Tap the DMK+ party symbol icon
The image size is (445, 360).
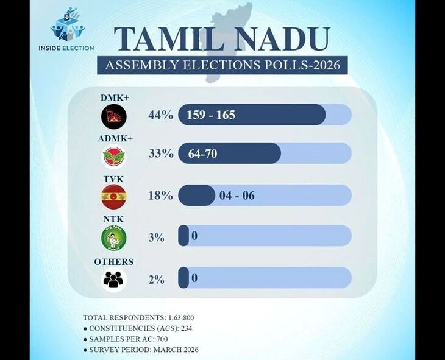tap(113, 115)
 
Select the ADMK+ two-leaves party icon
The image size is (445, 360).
tap(113, 156)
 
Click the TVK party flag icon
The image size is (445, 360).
tap(113, 196)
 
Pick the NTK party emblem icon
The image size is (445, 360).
tap(113, 237)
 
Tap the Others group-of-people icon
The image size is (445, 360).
tap(113, 279)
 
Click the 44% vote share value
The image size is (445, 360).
tap(160, 115)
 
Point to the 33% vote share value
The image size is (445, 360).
tap(160, 154)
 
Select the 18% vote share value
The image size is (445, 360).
tap(160, 196)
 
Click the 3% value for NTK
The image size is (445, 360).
tap(156, 237)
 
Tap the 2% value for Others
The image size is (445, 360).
tap(156, 279)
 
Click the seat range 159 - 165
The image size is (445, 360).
tap(212, 115)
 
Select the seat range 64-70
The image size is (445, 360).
tap(202, 154)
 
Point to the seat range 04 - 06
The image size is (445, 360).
tap(238, 196)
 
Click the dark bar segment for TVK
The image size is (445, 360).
tap(196, 196)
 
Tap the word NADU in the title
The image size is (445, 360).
tap(284, 40)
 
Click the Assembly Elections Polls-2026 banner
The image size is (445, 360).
tap(222, 65)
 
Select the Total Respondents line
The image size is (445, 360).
tap(138, 318)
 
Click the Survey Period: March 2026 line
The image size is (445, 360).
tap(140, 350)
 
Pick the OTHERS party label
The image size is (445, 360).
tap(113, 262)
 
